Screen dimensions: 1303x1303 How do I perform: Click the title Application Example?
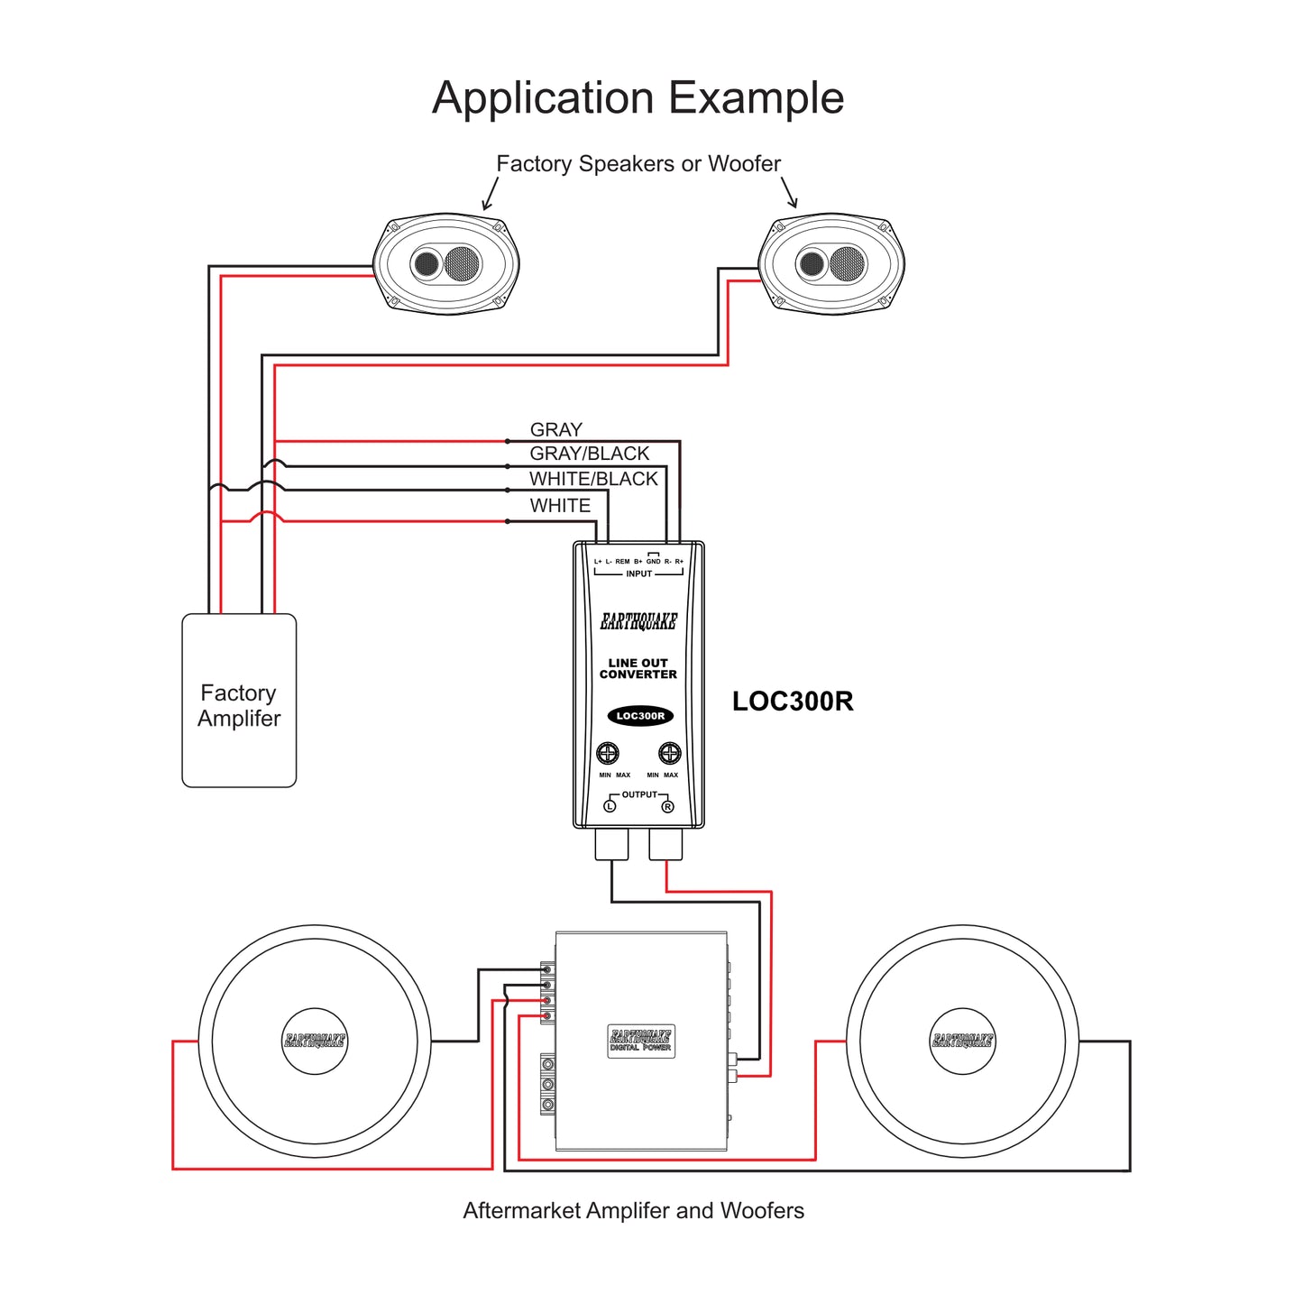coord(638,97)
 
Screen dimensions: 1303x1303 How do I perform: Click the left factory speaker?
coord(446,264)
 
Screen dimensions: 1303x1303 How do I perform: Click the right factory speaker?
coord(831,264)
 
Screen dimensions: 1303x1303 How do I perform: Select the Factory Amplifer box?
coord(239,701)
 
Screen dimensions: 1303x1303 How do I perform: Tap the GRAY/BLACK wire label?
coord(589,454)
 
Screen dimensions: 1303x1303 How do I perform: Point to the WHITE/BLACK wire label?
coord(593,479)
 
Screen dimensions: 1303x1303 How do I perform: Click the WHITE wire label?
coord(560,506)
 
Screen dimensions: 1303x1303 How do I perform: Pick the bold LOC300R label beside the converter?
coord(792,702)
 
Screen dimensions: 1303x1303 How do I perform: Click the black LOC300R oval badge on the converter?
coord(640,716)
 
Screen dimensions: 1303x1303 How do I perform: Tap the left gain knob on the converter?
coord(609,753)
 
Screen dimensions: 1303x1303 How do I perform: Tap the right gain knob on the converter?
coord(669,753)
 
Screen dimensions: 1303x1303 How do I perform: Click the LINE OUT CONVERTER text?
coord(638,668)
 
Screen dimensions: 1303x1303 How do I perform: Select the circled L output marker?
coord(610,806)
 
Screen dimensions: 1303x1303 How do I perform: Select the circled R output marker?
coord(668,806)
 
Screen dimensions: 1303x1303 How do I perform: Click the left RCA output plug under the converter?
coord(612,844)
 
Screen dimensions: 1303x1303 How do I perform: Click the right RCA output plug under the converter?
coord(665,844)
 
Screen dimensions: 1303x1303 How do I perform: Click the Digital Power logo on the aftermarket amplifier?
coord(640,1041)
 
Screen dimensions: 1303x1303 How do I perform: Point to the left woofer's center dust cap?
coord(315,1041)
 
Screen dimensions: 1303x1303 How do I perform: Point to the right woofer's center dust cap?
coord(962,1041)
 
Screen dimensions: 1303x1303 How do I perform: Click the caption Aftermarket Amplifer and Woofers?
coord(633,1211)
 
